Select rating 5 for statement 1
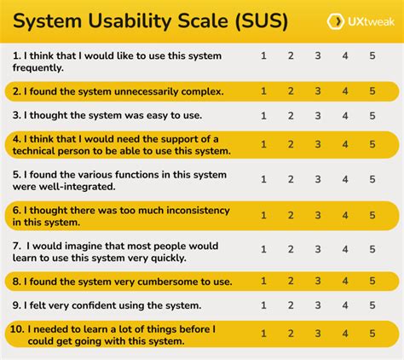(x=372, y=55)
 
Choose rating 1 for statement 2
(x=263, y=90)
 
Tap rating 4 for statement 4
(x=345, y=144)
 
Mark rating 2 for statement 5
(x=291, y=179)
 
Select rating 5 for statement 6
(x=372, y=214)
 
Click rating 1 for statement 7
(x=263, y=249)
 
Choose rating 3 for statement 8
(x=318, y=281)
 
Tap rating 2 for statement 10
(x=291, y=334)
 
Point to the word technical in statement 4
(x=39, y=150)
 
